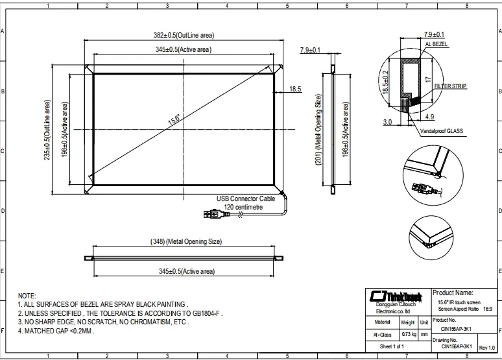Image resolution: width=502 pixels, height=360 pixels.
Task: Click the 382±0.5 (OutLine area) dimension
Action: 184,35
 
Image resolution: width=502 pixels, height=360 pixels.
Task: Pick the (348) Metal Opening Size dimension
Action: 187,241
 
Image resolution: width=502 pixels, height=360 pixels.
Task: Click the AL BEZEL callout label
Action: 436,44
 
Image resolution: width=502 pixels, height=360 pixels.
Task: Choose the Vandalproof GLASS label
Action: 443,130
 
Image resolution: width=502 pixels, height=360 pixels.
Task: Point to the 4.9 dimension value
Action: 429,117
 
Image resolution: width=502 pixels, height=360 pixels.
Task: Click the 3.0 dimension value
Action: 387,121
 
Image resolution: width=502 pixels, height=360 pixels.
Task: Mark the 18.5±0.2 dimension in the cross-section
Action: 385,84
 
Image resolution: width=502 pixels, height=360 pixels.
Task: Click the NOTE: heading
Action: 27,295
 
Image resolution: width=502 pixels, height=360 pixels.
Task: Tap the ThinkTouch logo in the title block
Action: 395,295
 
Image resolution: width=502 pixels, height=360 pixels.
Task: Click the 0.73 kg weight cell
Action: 407,333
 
